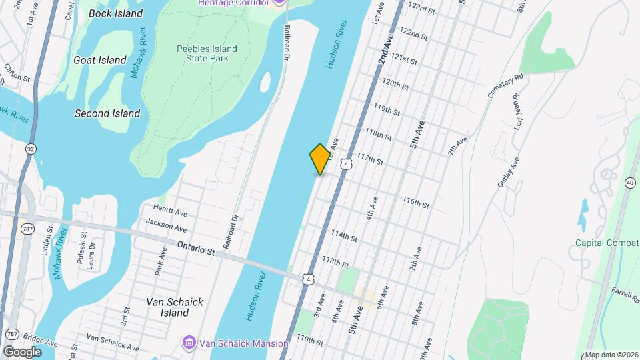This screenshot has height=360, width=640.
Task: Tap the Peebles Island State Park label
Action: coord(203,53)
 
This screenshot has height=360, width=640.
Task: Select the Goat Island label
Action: coord(100,60)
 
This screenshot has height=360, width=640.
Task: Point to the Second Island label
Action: coord(107,113)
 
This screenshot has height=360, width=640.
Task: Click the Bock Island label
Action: coord(115,13)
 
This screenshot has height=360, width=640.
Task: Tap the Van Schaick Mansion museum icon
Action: coord(189,343)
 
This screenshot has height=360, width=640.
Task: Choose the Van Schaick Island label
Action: coord(175,307)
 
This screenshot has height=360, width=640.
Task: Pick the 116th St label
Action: coord(415,202)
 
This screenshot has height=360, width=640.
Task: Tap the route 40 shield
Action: coord(630,183)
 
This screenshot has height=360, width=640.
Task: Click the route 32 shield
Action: coord(31,149)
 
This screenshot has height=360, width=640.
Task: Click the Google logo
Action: coord(22,351)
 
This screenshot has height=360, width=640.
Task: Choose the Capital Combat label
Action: coord(607,243)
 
